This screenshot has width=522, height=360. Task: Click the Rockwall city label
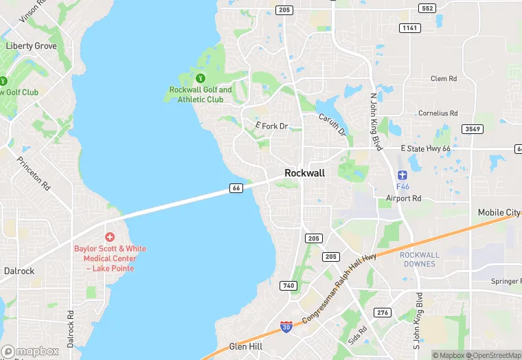pos(304,173)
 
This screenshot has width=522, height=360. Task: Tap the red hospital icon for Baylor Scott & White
pos(110,236)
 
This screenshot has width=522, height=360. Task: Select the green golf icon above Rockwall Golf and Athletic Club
pos(201,78)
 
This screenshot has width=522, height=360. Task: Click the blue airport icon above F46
pos(402,172)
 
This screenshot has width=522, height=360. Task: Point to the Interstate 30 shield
pos(286,328)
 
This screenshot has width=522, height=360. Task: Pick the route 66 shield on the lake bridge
pos(236,188)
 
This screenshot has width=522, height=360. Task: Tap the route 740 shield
pos(288,285)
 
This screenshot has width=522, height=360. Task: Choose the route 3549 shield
pos(473,129)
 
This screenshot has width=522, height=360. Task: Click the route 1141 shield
pos(409,27)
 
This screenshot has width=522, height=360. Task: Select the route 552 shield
pos(427,8)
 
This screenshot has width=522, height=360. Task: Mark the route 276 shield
pos(382,313)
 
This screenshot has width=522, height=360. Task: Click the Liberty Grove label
pos(31,46)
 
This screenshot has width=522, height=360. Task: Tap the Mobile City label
pos(499,213)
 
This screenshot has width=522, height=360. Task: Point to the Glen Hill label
pos(245,347)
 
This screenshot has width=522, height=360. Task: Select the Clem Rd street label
pos(443,79)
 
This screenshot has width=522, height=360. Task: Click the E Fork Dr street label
pos(271,126)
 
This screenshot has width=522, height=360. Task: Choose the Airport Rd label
pos(403,199)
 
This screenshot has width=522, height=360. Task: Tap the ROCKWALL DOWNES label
pos(419,259)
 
